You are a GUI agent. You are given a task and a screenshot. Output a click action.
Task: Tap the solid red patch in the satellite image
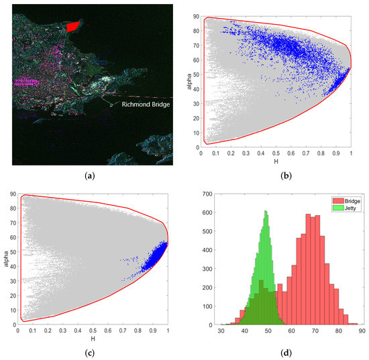pyautogui.click(x=71, y=26)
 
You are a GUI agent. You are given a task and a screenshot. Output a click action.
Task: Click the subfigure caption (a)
pyautogui.click(x=92, y=178)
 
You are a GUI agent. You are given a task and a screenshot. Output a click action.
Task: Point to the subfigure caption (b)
pyautogui.click(x=276, y=178)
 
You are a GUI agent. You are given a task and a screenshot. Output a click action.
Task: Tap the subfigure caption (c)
pyautogui.click(x=92, y=348)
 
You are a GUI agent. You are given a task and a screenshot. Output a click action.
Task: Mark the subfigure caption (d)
pyautogui.click(x=276, y=348)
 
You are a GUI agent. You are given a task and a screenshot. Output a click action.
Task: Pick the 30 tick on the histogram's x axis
pyautogui.click(x=221, y=331)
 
